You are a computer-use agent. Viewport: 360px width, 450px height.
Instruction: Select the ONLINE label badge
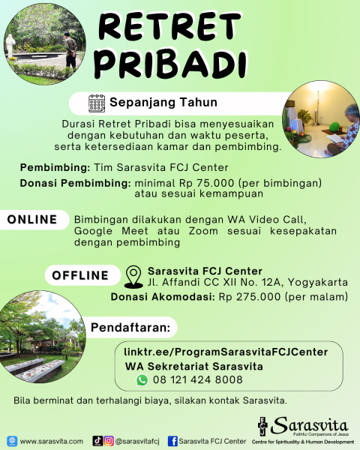pyautogui.click(x=32, y=219)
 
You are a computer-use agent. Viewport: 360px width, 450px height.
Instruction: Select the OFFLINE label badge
pyautogui.click(x=79, y=274)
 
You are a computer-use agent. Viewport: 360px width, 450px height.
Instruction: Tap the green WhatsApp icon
pyautogui.click(x=142, y=379)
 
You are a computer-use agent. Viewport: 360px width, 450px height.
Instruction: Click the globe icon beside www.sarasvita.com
pyautogui.click(x=11, y=441)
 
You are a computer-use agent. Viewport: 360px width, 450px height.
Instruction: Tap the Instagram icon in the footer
pyautogui.click(x=109, y=441)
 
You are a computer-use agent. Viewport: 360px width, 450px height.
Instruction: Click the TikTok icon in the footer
pyautogui.click(x=97, y=441)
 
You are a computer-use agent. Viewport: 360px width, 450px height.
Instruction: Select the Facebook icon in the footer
pyautogui.click(x=172, y=441)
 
